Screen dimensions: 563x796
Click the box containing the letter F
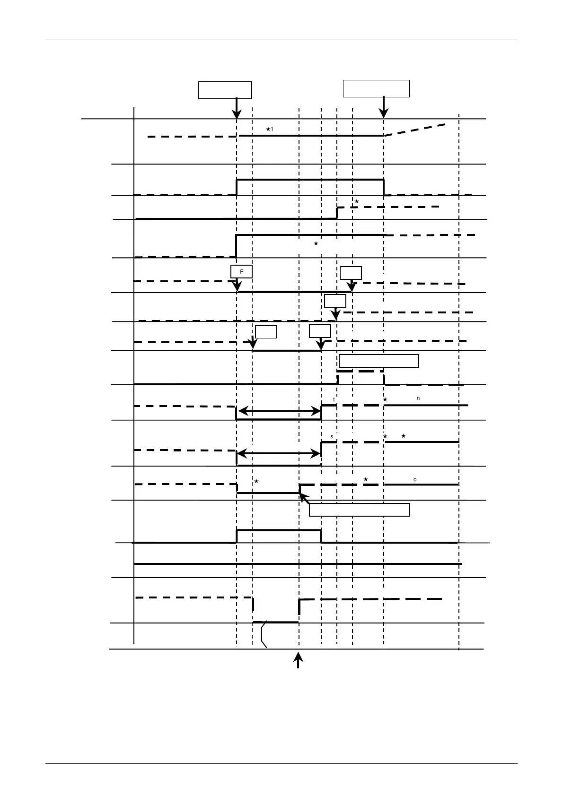[241, 271]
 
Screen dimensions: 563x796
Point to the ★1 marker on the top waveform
[269, 129]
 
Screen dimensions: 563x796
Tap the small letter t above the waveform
[334, 399]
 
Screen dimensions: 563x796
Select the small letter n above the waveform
[418, 398]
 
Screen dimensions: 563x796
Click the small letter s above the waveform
[332, 436]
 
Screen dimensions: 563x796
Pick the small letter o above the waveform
[415, 480]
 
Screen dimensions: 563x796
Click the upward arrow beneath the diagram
[298, 660]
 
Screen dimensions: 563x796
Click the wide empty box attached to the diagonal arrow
[359, 510]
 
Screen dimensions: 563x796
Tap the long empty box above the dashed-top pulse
[379, 361]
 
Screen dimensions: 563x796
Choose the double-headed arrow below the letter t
[279, 412]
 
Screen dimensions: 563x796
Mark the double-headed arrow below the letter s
[279, 454]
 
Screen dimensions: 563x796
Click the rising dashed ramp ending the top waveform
[415, 130]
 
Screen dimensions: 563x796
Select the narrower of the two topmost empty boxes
[225, 90]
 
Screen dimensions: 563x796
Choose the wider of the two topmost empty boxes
[376, 88]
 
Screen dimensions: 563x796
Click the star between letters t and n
[385, 400]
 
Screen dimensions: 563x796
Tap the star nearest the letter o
[366, 480]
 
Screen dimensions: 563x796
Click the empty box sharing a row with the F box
[351, 273]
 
